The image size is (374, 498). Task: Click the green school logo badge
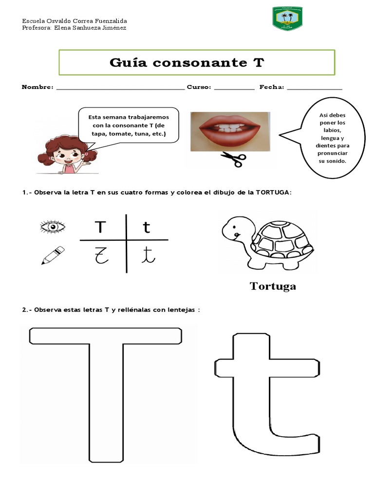pos(287,19)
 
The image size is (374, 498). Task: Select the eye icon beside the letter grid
pos(53,227)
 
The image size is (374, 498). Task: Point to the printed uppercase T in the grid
pos(100,227)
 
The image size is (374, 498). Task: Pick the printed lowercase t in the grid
pos(147,227)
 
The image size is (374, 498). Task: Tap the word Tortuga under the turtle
pos(273,286)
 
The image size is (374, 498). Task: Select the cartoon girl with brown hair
pos(62,155)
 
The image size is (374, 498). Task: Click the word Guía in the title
pos(129,63)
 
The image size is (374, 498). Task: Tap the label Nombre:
pos(37,87)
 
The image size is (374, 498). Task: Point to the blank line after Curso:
pos(234,89)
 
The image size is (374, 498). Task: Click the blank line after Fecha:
pos(315,89)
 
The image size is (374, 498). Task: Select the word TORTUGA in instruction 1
pos(272,192)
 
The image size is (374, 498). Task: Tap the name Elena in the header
pos(63,28)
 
